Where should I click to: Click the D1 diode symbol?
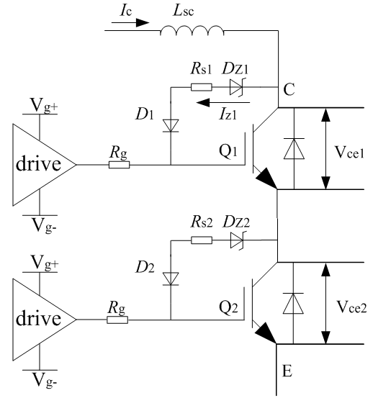[x=171, y=125]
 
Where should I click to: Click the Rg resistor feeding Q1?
[x=119, y=164]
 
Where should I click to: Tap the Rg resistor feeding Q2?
[x=119, y=318]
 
